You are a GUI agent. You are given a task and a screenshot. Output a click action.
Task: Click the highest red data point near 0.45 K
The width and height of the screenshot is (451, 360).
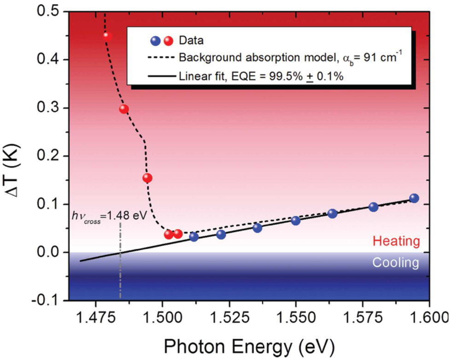(107, 36)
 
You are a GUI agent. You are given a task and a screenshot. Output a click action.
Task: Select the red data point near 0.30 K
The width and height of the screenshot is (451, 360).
(123, 109)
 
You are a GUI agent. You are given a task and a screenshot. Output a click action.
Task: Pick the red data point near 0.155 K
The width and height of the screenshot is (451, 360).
(147, 178)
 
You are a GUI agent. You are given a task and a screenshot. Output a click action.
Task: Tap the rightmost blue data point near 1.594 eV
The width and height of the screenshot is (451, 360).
(414, 198)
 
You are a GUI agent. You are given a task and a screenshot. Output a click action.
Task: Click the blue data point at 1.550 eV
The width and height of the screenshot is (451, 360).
(296, 221)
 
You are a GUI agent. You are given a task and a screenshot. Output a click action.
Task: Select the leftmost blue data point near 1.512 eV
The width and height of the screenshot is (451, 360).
(194, 237)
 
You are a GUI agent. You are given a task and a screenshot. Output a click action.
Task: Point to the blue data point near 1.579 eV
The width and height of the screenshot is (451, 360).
(374, 207)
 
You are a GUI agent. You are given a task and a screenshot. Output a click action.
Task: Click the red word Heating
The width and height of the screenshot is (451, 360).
(396, 241)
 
